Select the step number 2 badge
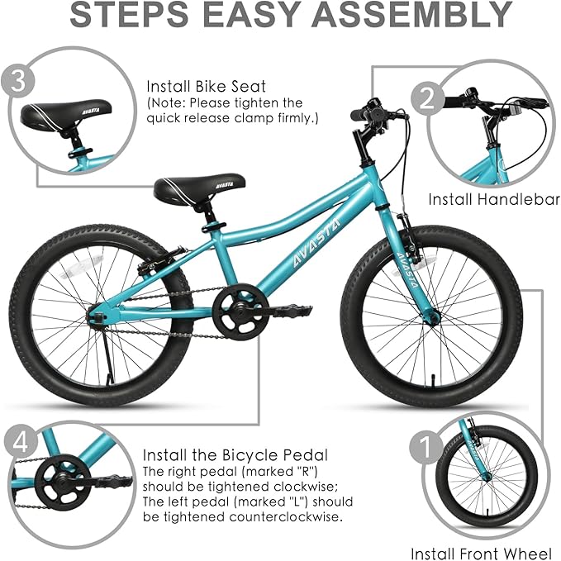pyautogui.click(x=427, y=99)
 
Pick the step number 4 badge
pyautogui.click(x=21, y=444)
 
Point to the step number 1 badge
pyautogui.click(x=426, y=447)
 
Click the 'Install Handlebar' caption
pyautogui.click(x=494, y=199)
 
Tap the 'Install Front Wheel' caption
pyautogui.click(x=481, y=553)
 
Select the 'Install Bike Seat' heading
pyautogui.click(x=206, y=87)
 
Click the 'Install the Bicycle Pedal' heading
pyautogui.click(x=235, y=455)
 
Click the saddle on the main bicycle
pyautogui.click(x=199, y=188)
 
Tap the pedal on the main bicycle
pyautogui.click(x=291, y=311)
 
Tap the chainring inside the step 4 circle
pyautogui.click(x=63, y=482)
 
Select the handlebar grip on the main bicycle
pyautogui.click(x=360, y=115)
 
